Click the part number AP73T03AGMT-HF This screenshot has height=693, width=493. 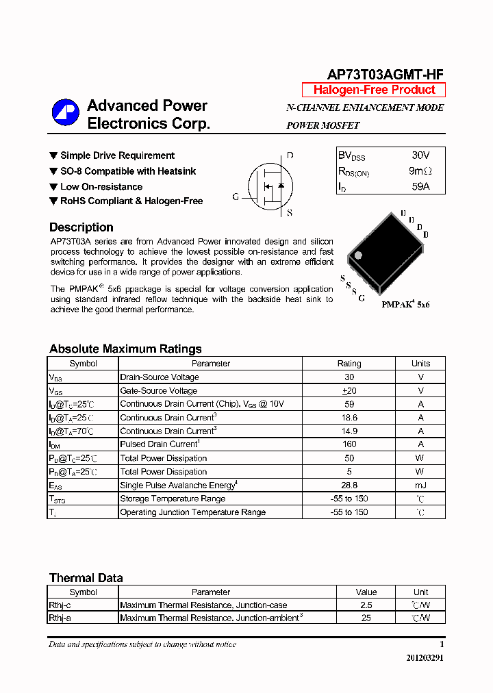click(385, 75)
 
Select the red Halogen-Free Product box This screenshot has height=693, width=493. click(374, 90)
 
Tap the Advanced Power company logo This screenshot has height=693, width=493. click(66, 113)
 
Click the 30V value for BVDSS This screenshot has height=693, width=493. click(420, 155)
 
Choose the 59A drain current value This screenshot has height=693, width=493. click(420, 186)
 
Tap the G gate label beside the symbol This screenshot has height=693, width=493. click(236, 197)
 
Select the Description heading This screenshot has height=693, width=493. click(81, 227)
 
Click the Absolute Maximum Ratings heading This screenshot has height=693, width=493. click(125, 349)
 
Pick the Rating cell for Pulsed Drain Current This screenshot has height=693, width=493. click(349, 444)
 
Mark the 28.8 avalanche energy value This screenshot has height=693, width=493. click(349, 485)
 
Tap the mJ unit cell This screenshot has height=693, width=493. click(420, 485)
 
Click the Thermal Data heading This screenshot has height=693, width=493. click(86, 578)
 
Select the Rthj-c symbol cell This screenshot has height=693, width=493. click(60, 605)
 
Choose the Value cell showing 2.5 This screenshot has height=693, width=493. click(366, 605)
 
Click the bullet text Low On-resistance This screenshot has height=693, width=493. click(101, 186)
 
